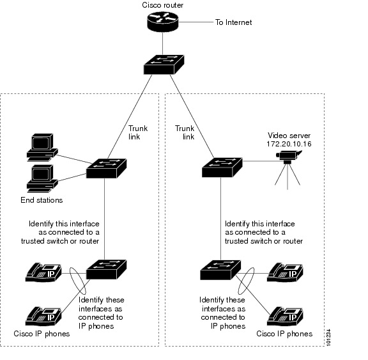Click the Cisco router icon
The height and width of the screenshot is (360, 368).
pos(163,22)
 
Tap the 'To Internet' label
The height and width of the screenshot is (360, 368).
pos(234,22)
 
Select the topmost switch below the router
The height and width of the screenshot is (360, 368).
pos(164,65)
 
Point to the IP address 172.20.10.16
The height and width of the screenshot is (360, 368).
pos(289,144)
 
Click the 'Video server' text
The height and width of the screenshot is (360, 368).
pos(289,136)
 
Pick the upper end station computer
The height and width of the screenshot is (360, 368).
pos(42,148)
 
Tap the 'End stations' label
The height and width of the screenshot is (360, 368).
pos(42,200)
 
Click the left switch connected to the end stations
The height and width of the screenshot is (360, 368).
pos(106,168)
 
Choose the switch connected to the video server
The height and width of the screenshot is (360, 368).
pos(222,168)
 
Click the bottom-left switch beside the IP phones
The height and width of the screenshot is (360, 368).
pos(106,270)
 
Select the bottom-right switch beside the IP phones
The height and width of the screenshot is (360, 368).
pos(220,270)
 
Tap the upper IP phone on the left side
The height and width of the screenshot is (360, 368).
pos(43,272)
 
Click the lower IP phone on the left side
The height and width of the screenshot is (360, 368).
pos(43,316)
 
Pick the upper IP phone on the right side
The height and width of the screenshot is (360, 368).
pos(285,272)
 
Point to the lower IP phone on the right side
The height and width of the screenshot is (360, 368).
pos(285,316)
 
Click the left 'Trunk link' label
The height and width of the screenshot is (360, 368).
pos(138,132)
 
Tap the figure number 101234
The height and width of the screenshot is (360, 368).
pos(328,337)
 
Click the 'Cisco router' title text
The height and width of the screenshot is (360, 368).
pos(163,5)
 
